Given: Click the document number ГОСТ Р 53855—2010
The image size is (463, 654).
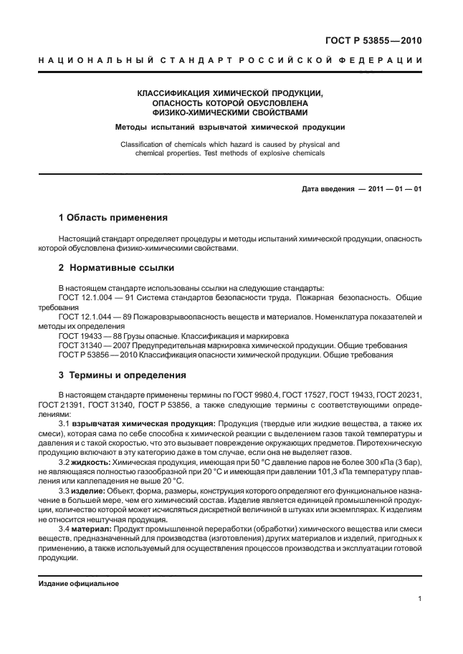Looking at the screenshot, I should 380,40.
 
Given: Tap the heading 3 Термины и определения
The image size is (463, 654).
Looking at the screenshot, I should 122,375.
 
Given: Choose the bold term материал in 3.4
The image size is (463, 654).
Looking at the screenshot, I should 90,529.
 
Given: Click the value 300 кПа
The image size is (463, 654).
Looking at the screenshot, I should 383,462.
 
